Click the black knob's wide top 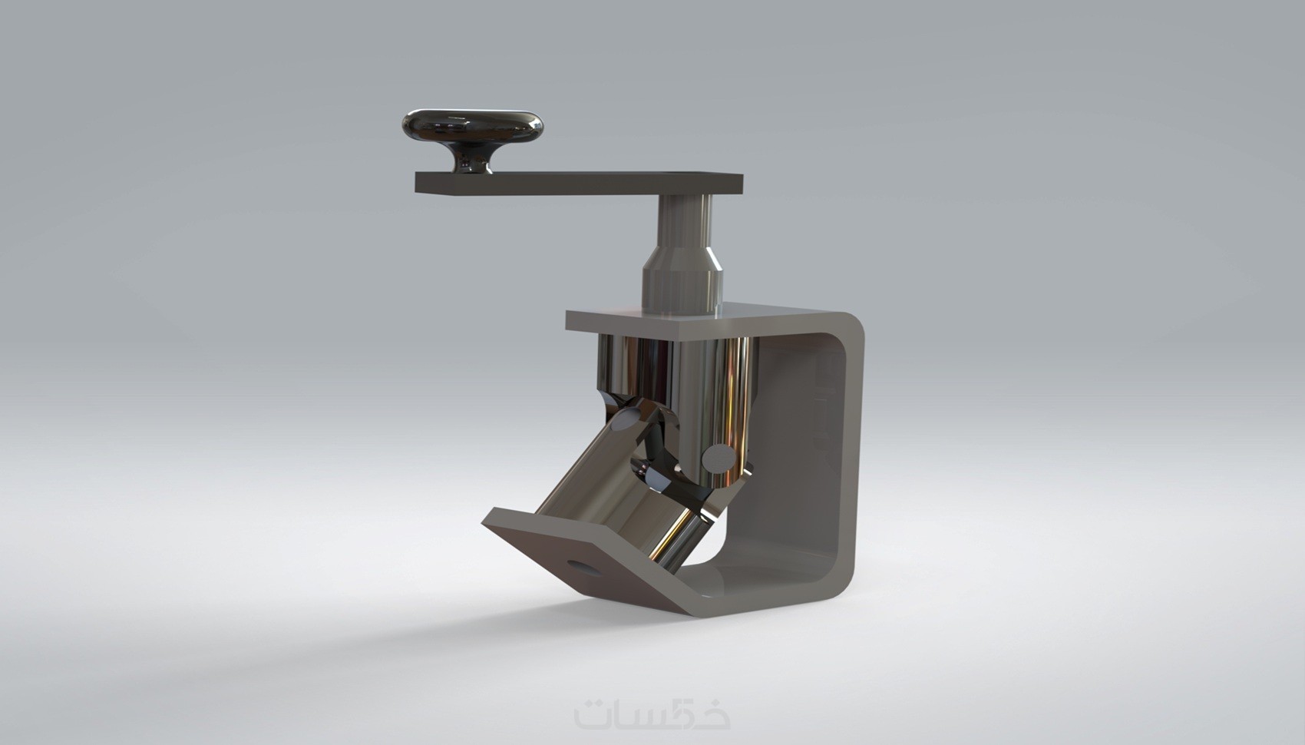(x=472, y=124)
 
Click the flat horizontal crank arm (x=579, y=183)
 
